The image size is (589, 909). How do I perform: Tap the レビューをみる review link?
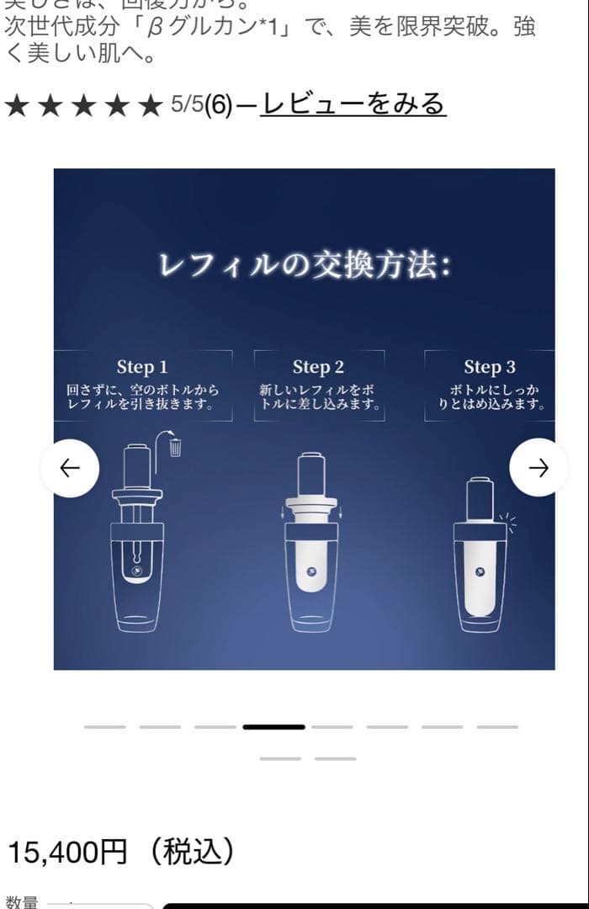pos(353,104)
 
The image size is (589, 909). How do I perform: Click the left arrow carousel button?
pos(70,468)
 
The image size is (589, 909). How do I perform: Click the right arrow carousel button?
pos(539,468)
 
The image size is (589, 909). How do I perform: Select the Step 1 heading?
pos(142,367)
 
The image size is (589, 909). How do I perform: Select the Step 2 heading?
pos(318,367)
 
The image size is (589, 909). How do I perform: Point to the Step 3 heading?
pos(490,367)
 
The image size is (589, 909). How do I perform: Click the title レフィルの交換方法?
pos(305,266)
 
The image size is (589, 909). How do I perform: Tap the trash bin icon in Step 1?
pos(175,446)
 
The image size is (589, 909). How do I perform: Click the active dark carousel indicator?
pos(273,726)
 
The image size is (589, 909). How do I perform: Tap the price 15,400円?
pos(66,853)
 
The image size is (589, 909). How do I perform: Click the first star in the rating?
pos(17,106)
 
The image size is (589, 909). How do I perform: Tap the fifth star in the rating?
pos(149,106)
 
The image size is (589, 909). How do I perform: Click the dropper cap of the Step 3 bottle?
pos(480,497)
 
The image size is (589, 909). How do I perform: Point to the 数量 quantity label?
pos(22,902)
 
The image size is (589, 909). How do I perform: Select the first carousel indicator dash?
pos(104,726)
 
